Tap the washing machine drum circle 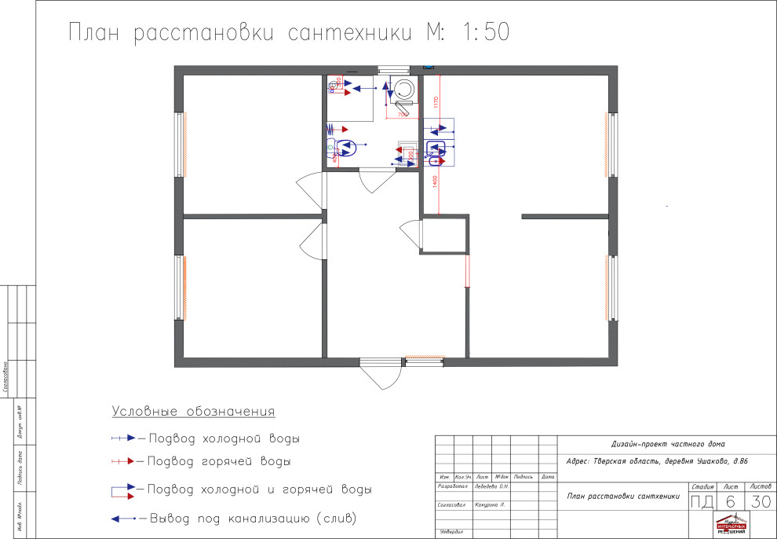(x=404, y=87)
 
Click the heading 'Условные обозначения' (x=193, y=412)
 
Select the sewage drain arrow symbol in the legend (x=124, y=519)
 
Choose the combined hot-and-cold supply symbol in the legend (x=123, y=490)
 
